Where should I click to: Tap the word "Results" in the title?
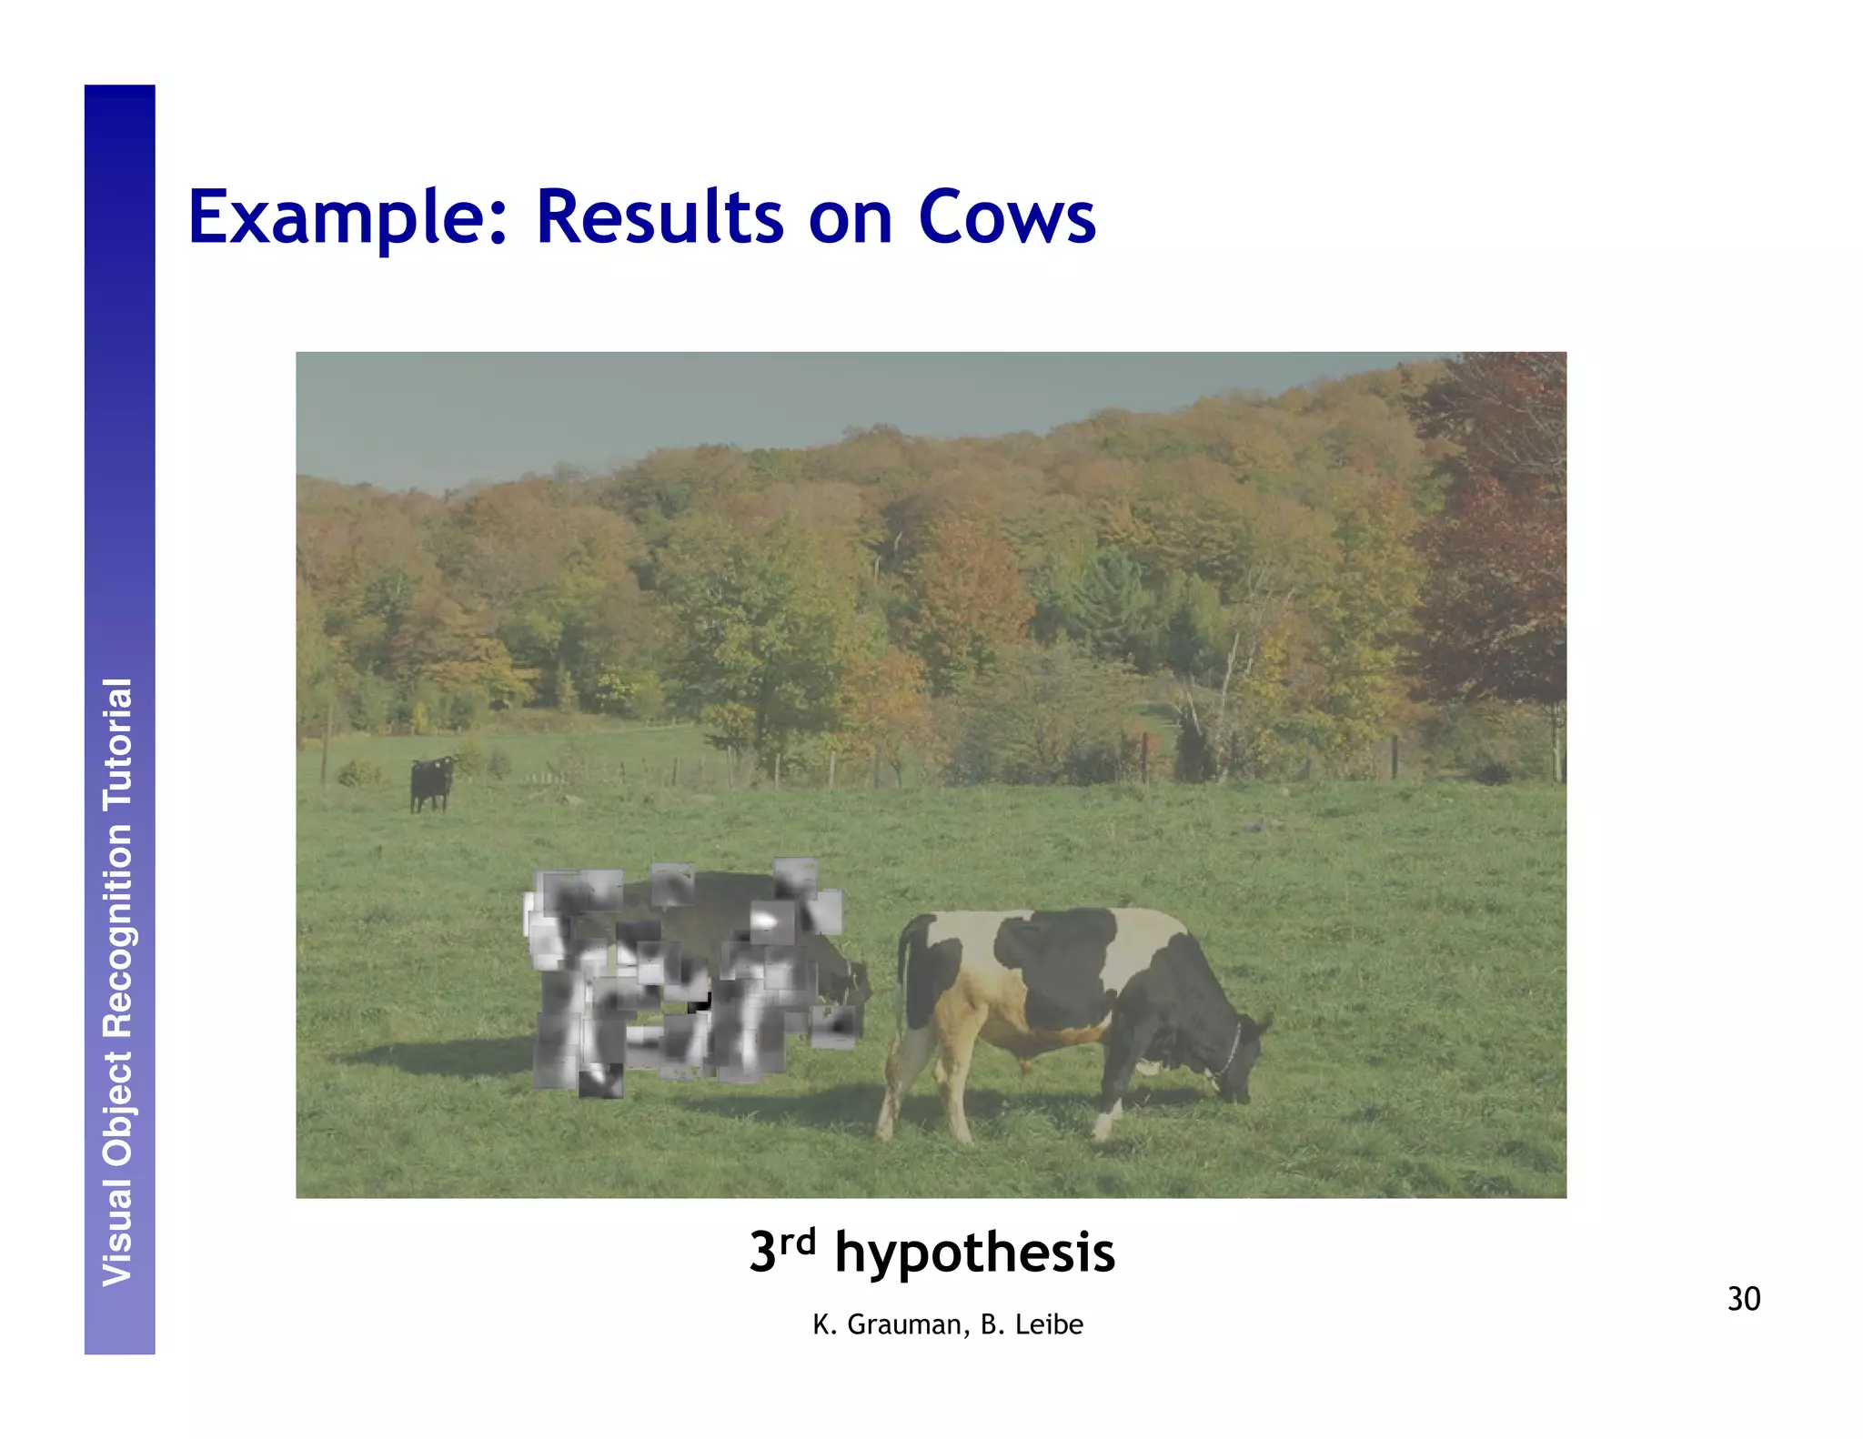(x=660, y=218)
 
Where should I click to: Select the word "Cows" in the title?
(x=1007, y=218)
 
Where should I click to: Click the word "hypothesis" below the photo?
(x=974, y=1253)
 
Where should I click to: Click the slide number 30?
(x=1743, y=1299)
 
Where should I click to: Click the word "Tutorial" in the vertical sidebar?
(x=118, y=744)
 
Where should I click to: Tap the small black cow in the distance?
(x=430, y=783)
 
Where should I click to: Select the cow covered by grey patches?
(x=682, y=978)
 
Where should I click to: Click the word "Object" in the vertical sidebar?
(x=118, y=1104)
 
